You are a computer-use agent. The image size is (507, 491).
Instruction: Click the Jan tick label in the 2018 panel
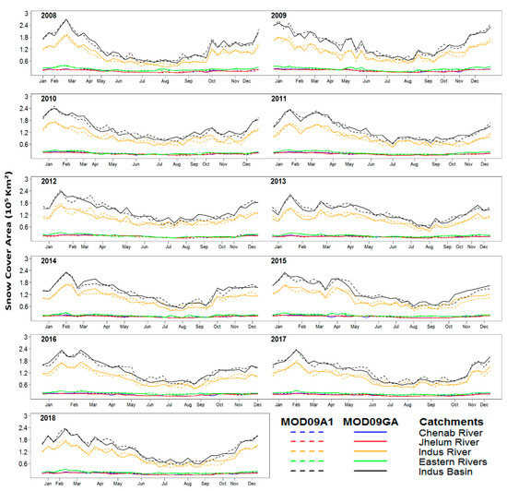pos(42,484)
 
